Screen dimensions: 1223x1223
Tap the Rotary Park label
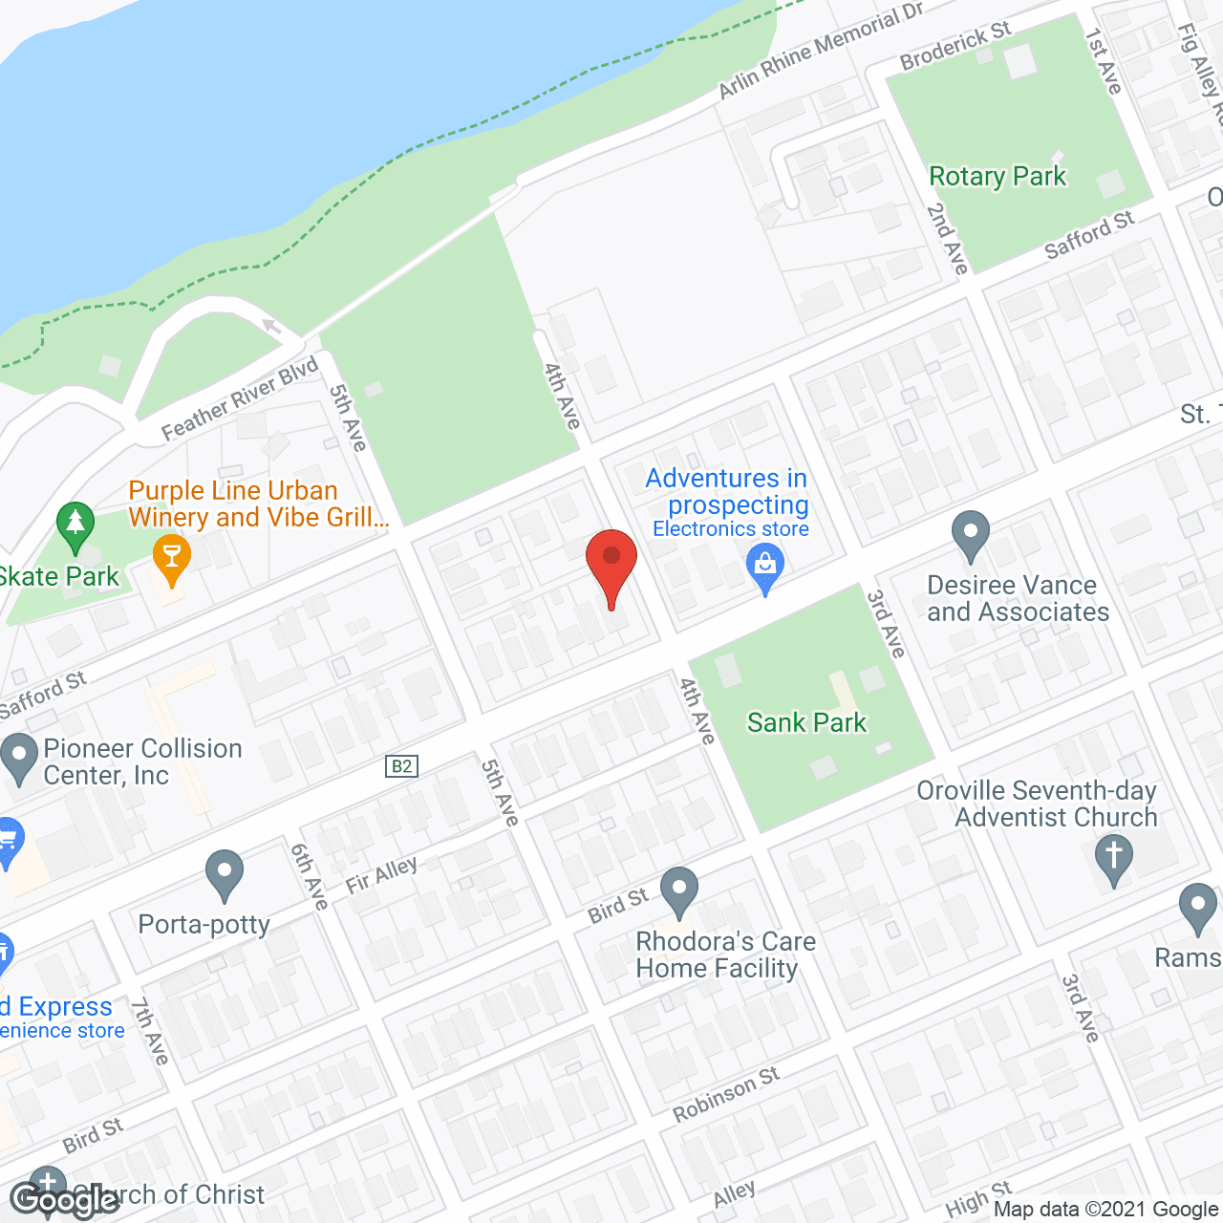(998, 177)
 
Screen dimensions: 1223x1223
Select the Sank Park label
(806, 723)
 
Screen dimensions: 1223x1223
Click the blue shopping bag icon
(765, 566)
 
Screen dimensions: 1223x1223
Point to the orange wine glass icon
(172, 557)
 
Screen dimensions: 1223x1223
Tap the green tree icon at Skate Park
(75, 525)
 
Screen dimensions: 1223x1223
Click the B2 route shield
(402, 766)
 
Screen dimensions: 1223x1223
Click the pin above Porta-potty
(225, 872)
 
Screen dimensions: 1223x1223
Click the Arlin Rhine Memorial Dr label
(821, 50)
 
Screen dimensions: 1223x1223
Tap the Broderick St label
(955, 46)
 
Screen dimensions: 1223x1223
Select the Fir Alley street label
(381, 875)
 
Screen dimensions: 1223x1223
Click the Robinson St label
(726, 1095)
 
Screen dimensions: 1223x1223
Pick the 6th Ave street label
(310, 876)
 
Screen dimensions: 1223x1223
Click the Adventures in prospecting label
(727, 491)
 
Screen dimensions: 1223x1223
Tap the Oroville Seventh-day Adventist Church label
(1038, 805)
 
